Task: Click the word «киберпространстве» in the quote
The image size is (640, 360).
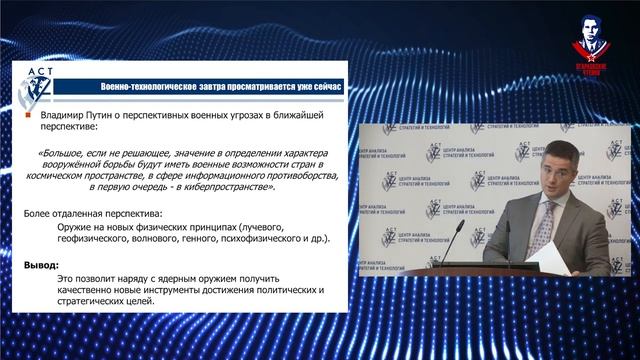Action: [x=225, y=187]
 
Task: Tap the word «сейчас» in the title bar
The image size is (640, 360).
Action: [x=326, y=85]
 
